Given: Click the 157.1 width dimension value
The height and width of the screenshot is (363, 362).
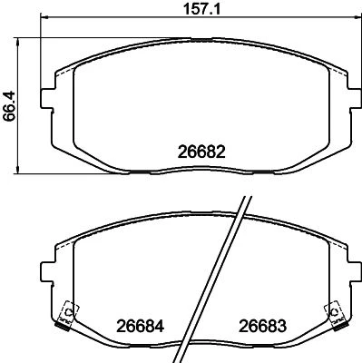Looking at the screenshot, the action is click(x=202, y=9).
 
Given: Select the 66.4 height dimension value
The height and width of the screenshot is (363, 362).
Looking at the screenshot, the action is click(x=9, y=107).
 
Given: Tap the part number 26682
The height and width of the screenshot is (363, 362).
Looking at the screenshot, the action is click(x=201, y=152).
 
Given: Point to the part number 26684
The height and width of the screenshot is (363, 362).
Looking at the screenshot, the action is click(x=141, y=327).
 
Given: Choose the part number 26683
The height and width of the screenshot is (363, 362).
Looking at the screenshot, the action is click(x=263, y=326).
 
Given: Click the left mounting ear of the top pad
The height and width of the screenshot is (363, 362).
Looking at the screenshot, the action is click(x=47, y=98).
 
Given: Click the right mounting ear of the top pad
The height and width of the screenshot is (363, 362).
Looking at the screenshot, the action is click(x=355, y=98).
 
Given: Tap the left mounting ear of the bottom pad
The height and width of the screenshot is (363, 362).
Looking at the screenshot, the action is click(x=47, y=272).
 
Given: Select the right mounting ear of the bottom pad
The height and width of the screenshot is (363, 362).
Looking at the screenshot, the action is click(x=355, y=272).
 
